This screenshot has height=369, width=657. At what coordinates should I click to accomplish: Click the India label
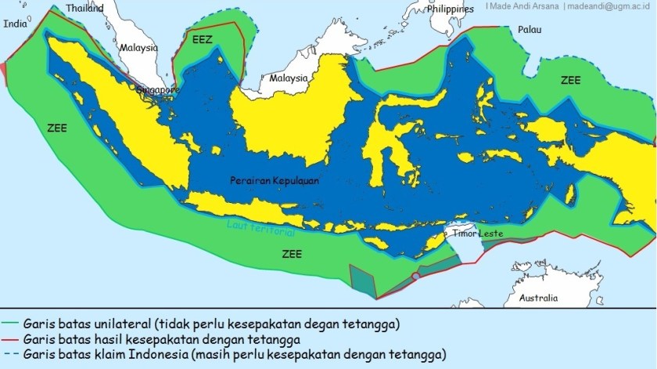pyautogui.click(x=15, y=24)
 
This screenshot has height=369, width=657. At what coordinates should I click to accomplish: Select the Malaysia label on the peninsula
pyautogui.click(x=138, y=48)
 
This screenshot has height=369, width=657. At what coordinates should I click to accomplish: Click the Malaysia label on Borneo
pyautogui.click(x=289, y=78)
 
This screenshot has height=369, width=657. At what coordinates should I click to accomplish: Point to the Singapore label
pyautogui.click(x=158, y=90)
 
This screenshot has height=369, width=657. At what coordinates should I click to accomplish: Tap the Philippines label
pyautogui.click(x=451, y=9)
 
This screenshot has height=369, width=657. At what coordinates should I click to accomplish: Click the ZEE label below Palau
pyautogui.click(x=570, y=81)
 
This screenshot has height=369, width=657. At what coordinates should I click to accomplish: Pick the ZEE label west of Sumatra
pyautogui.click(x=56, y=125)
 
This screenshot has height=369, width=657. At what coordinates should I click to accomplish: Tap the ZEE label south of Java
pyautogui.click(x=292, y=254)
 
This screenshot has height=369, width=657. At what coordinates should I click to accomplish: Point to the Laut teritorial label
pyautogui.click(x=260, y=228)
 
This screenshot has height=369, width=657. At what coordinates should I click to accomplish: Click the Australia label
pyautogui.click(x=539, y=298)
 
